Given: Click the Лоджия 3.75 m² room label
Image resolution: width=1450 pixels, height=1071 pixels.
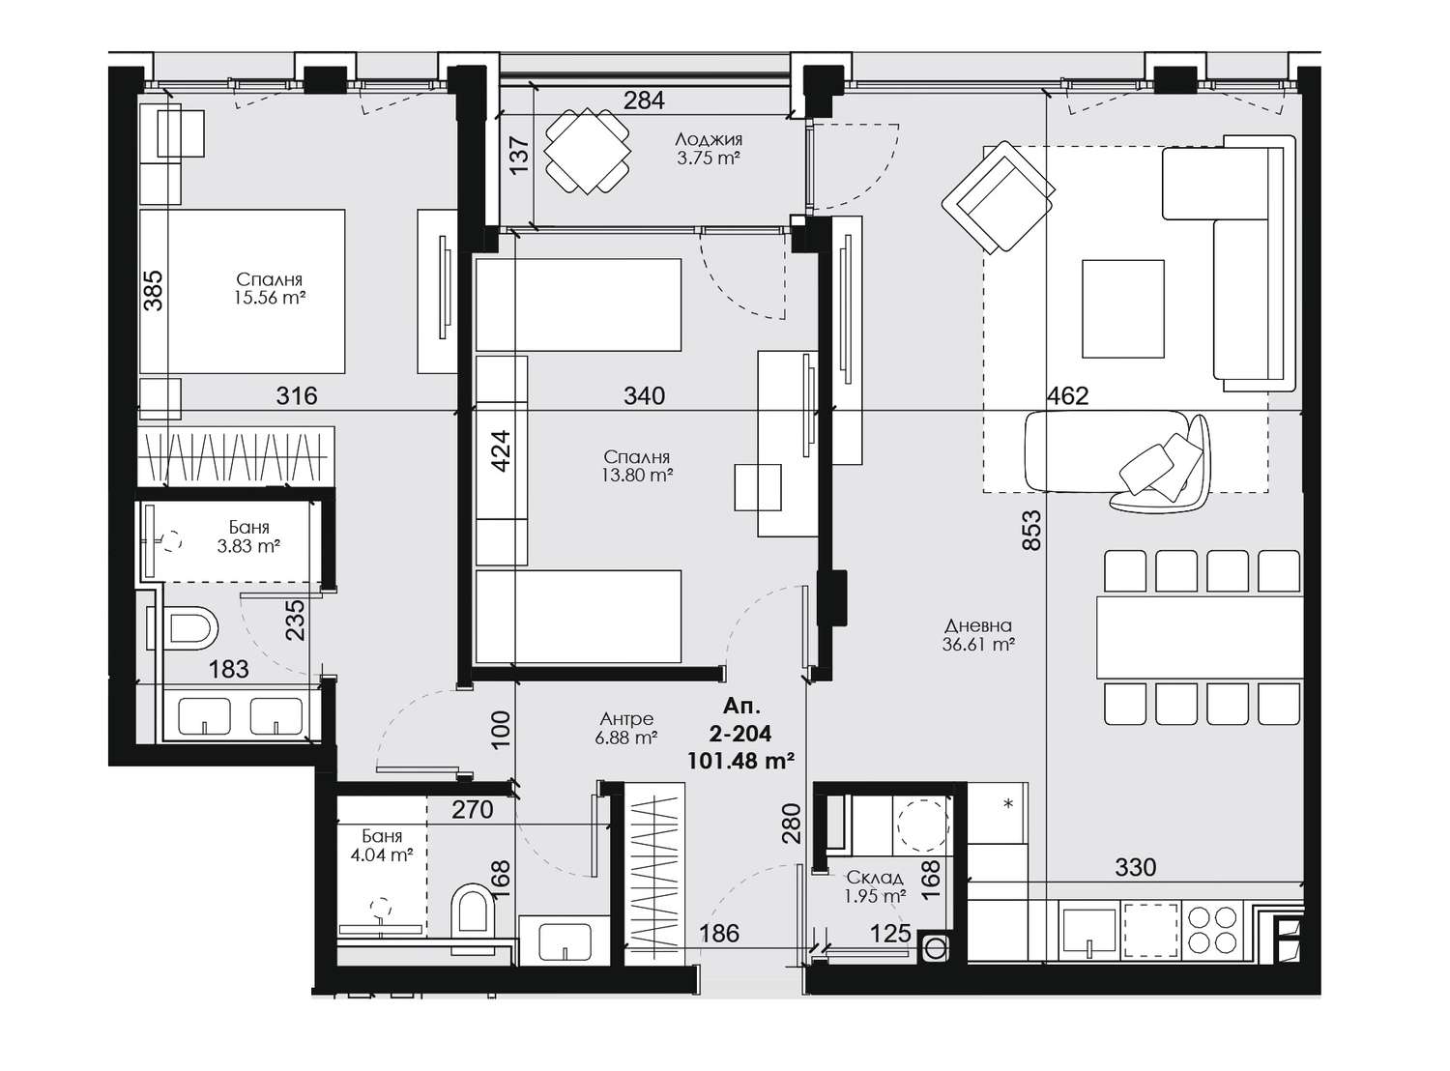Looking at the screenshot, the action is click(708, 149).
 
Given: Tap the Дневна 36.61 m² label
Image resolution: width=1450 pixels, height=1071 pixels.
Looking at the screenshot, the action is click(978, 635).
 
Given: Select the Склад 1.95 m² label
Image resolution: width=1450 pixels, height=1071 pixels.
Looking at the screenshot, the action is click(875, 886).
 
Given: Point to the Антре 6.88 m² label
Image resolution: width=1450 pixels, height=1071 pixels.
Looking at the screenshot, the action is click(627, 728).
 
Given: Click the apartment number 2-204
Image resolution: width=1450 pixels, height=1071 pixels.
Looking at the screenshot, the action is click(740, 734).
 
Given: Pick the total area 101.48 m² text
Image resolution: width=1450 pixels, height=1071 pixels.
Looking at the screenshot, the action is click(740, 761).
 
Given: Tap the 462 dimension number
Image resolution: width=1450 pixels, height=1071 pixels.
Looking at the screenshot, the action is click(1067, 396).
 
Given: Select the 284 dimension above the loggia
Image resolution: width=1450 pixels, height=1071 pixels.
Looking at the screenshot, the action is click(644, 101).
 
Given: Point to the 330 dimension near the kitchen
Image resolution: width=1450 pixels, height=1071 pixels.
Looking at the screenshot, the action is click(1136, 868).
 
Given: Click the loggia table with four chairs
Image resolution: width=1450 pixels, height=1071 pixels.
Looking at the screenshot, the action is click(587, 151).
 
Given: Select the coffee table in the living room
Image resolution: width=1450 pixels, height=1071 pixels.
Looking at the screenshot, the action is click(1122, 308).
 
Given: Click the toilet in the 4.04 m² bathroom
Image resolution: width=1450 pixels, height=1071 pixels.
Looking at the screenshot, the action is click(474, 909).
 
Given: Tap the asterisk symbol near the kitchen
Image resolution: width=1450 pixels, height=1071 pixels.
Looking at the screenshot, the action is click(1009, 803).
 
